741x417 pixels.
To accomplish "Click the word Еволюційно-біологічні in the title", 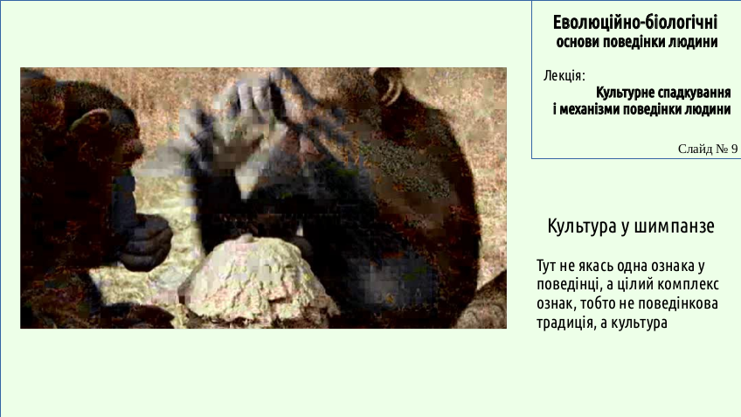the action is (x=635, y=22).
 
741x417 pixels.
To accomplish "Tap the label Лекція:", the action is (x=564, y=76).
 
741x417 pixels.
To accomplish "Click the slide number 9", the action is (x=734, y=149).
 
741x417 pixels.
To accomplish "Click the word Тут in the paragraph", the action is (x=546, y=266).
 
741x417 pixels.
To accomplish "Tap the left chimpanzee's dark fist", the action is (x=146, y=242).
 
